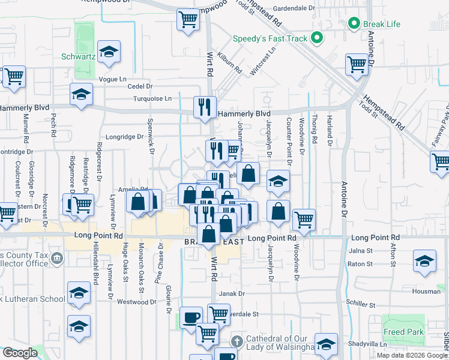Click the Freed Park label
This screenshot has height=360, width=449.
pyautogui.click(x=404, y=332)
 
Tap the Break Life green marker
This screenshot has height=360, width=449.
pyautogui.click(x=353, y=24)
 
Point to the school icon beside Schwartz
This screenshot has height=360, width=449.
pyautogui.click(x=109, y=52)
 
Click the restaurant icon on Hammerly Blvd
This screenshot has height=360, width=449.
pyautogui.click(x=205, y=107)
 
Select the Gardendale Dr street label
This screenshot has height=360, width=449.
pyautogui.click(x=294, y=9)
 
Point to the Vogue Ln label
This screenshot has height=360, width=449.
pyautogui.click(x=113, y=79)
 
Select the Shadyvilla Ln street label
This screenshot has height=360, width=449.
pyautogui.click(x=369, y=344)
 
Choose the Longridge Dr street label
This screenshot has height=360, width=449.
pyautogui.click(x=125, y=137)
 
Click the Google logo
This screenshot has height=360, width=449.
pyautogui.click(x=20, y=353)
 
